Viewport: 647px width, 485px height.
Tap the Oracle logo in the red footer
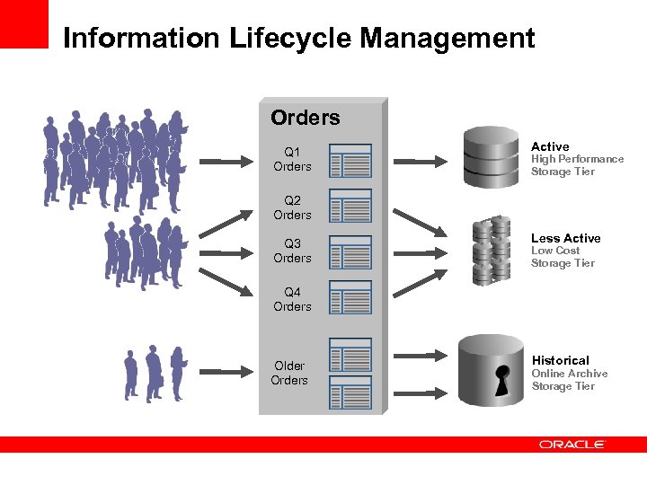(x=572, y=444)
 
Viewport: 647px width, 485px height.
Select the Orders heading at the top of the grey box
(x=306, y=118)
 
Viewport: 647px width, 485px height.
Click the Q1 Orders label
(x=292, y=159)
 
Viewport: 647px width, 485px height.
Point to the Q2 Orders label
(x=292, y=207)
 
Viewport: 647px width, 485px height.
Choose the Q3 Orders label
(x=292, y=251)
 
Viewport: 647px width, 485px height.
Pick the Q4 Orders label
(x=292, y=299)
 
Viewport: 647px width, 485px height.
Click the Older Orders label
(x=289, y=373)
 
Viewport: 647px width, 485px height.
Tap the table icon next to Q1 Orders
(x=350, y=160)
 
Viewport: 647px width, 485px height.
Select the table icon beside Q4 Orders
(x=350, y=298)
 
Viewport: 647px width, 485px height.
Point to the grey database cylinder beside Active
(x=491, y=156)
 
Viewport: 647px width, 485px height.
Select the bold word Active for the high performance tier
(x=550, y=146)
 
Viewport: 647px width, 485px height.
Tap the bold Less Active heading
(x=565, y=238)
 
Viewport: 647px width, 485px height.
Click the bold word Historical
(x=560, y=360)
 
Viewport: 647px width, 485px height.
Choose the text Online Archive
(x=569, y=374)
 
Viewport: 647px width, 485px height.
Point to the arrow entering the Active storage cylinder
(x=421, y=162)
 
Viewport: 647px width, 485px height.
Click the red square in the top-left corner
(x=23, y=23)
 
